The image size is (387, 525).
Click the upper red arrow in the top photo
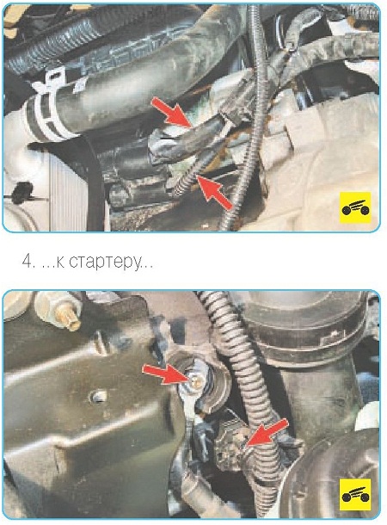click(171, 112)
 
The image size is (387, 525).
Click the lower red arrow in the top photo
click(215, 193)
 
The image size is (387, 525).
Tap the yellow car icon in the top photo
click(355, 207)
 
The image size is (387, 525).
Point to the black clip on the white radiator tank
click(21, 193)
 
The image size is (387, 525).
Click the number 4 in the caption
click(27, 261)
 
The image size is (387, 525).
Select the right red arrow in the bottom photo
click(267, 432)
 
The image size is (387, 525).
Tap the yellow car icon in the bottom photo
click(355, 495)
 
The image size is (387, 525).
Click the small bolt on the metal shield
click(97, 397)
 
